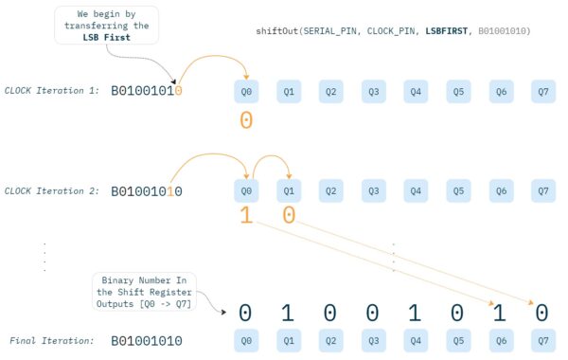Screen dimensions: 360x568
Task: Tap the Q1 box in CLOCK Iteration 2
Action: tap(289, 190)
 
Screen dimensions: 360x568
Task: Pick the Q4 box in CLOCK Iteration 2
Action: tap(416, 190)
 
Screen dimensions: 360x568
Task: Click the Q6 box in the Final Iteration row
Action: tap(501, 339)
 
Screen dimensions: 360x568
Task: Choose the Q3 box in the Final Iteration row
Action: tap(374, 339)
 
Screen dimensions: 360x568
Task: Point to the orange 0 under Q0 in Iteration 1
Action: tap(246, 121)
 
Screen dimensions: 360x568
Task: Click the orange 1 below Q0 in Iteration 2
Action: tap(246, 217)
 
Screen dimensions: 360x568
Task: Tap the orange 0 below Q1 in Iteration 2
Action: tap(289, 217)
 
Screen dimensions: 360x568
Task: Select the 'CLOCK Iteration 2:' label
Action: tap(52, 190)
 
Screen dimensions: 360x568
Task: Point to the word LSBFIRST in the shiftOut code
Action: tap(453, 31)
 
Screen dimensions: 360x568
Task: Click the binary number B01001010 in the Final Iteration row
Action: tap(147, 339)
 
